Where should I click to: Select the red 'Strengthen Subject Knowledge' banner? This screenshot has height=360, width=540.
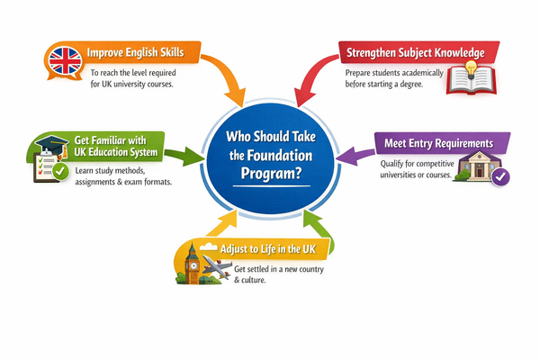coord(413,52)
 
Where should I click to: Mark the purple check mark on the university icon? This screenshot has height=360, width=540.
coord(500,177)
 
